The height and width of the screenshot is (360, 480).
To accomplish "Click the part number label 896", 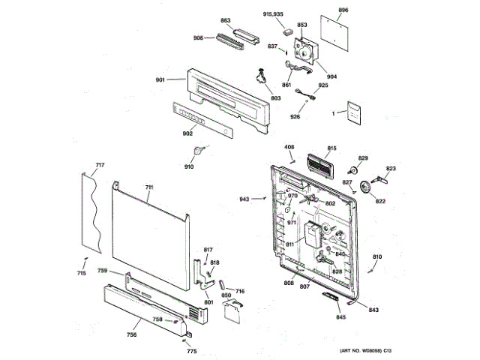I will (343, 10).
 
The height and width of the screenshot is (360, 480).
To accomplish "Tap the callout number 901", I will (160, 80).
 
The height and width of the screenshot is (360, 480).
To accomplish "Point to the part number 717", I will (100, 164).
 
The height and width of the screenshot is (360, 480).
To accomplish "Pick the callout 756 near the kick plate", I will (132, 334).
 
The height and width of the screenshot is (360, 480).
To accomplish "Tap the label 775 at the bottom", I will (191, 352).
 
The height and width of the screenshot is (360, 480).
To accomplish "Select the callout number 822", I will (380, 201).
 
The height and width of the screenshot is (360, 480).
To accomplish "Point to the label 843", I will (373, 310).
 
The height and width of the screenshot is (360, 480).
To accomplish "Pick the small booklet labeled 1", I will (354, 112).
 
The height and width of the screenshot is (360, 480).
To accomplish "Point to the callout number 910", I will (189, 166).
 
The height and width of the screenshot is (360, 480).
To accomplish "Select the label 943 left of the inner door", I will (244, 199).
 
